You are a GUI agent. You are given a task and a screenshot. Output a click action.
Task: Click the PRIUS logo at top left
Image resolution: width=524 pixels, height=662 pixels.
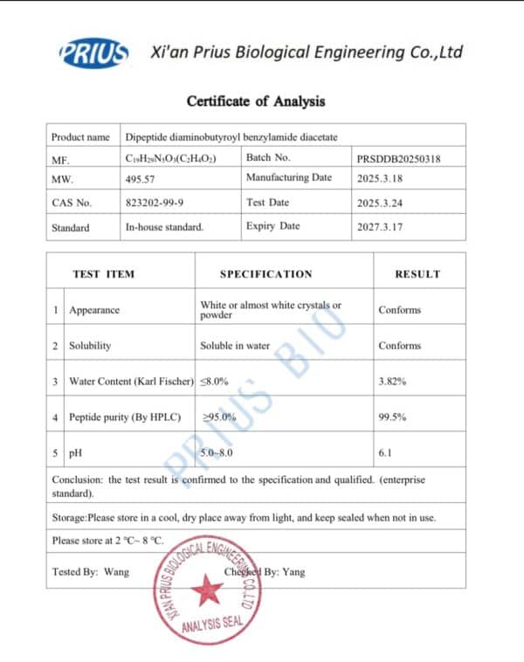point(93,53)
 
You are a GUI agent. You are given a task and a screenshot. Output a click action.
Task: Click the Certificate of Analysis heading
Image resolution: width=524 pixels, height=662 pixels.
point(256,101)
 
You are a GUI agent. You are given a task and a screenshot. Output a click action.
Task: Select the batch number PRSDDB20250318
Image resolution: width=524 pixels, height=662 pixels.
point(398,159)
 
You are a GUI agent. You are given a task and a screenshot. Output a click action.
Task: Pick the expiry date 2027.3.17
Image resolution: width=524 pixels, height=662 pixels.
point(379,227)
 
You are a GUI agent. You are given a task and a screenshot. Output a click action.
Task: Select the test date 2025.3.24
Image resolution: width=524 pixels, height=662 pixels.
point(379,203)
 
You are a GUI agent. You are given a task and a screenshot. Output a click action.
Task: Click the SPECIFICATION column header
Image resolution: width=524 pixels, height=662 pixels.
point(265,274)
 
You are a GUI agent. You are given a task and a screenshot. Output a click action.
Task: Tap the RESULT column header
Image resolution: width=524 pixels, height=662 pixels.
point(417,274)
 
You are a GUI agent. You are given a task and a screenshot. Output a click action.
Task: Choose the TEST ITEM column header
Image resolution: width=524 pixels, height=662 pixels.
point(103,274)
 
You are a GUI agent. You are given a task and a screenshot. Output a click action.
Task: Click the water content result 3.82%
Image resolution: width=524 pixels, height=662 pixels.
point(392,382)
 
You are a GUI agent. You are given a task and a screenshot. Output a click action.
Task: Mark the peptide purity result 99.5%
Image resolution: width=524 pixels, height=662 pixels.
point(392,417)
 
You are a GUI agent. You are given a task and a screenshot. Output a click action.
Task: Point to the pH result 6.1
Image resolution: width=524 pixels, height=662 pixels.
point(386,454)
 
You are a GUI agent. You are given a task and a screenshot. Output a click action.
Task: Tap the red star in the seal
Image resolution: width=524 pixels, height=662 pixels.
point(207,591)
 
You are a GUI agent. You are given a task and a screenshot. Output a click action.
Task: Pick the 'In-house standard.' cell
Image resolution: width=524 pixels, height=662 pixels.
point(164,227)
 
